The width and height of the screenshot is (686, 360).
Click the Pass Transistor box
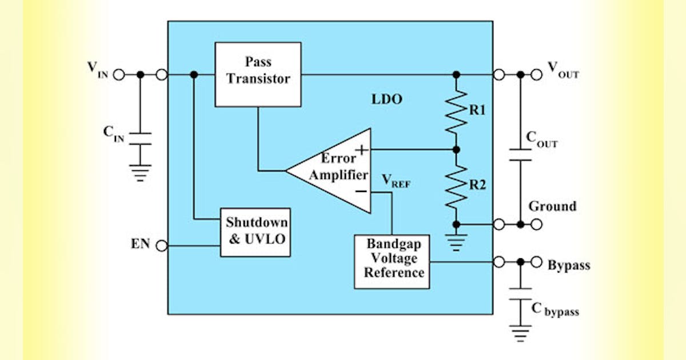coord(258,74)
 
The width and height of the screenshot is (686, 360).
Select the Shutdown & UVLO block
coord(255,230)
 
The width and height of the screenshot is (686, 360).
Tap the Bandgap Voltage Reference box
coord(392,261)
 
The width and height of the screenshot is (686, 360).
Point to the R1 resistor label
coord(477,111)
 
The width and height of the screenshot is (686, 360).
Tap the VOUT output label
coord(563,69)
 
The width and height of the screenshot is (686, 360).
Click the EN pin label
coord(140,245)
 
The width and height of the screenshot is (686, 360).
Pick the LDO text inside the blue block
coord(387,99)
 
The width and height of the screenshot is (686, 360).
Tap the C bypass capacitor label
coord(555,309)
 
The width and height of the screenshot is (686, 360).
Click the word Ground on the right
coord(552,206)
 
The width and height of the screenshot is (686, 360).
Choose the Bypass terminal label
coord(569,266)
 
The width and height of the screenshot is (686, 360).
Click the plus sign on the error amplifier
coord(361,150)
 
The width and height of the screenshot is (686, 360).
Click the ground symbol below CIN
coord(140,171)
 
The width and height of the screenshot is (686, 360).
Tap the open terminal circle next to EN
coord(162,246)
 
